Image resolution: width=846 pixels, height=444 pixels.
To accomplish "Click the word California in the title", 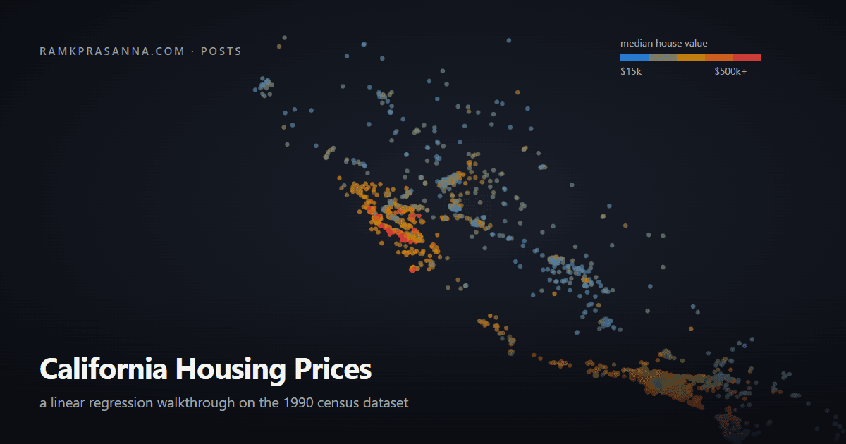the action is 104,369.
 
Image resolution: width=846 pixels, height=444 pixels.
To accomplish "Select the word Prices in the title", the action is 333,369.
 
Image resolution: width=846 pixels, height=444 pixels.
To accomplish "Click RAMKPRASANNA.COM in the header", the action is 112,51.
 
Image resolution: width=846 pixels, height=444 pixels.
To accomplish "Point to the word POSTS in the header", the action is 221,51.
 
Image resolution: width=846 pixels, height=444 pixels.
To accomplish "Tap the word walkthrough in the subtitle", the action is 196,403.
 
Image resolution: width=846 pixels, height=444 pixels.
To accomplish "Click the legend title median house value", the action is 664,44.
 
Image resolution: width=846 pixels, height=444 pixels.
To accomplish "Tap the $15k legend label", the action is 631,71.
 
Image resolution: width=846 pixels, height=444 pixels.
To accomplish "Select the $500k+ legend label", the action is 730,71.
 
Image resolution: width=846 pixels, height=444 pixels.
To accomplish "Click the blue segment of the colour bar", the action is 634,57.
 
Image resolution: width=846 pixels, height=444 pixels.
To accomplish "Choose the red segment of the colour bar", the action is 747,57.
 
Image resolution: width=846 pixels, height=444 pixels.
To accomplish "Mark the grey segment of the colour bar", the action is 663,57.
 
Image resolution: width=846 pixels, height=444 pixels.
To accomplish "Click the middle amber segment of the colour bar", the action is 691,57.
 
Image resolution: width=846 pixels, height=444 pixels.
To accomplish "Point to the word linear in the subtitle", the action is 68,403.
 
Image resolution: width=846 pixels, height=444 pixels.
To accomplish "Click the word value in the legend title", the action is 696,44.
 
